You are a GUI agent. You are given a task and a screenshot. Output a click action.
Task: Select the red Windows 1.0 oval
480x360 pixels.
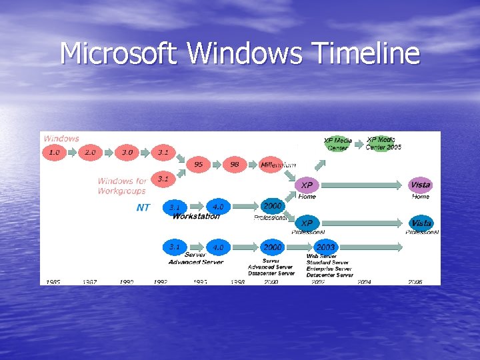pyautogui.click(x=54, y=153)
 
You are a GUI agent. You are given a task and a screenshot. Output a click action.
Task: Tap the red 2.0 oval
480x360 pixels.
pyautogui.click(x=90, y=153)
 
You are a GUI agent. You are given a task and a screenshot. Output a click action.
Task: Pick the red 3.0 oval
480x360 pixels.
pyautogui.click(x=127, y=153)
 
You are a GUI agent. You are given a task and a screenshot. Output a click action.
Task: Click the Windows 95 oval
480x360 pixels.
pyautogui.click(x=199, y=164)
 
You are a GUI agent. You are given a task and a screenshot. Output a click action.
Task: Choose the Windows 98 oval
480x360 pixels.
pyautogui.click(x=235, y=164)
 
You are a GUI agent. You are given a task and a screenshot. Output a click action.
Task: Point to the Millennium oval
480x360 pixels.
pyautogui.click(x=274, y=164)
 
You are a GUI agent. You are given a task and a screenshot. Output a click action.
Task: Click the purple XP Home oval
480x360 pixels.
pyautogui.click(x=306, y=185)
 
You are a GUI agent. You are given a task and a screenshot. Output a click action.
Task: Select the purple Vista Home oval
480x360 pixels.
pyautogui.click(x=421, y=185)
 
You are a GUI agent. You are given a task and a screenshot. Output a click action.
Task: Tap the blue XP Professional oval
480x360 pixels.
pyautogui.click(x=306, y=223)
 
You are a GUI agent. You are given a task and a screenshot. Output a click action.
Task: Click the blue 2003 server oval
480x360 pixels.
pyautogui.click(x=325, y=247)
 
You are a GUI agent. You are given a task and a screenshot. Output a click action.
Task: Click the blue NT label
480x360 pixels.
pyautogui.click(x=143, y=207)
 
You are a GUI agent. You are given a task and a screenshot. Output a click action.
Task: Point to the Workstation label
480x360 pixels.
pyautogui.click(x=196, y=216)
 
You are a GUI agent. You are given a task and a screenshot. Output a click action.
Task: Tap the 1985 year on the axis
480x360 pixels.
pyautogui.click(x=53, y=282)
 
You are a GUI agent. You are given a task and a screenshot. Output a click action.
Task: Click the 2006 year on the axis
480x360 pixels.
pyautogui.click(x=415, y=282)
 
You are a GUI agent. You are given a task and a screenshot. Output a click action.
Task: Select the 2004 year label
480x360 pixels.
pyautogui.click(x=364, y=282)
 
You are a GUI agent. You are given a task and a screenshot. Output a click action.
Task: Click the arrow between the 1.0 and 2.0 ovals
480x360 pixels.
pyautogui.click(x=71, y=153)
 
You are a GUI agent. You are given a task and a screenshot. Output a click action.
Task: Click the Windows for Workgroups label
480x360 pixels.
pyautogui.click(x=123, y=186)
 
